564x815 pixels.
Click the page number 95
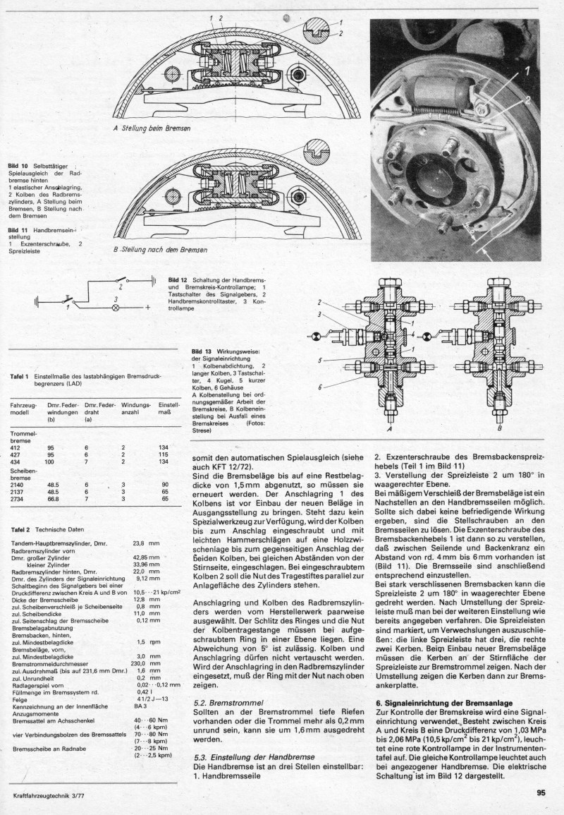541,792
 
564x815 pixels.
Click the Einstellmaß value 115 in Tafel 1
165,455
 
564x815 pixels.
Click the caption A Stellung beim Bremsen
152,128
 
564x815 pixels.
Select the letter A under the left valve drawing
389,427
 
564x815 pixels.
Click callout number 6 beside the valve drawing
320,387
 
